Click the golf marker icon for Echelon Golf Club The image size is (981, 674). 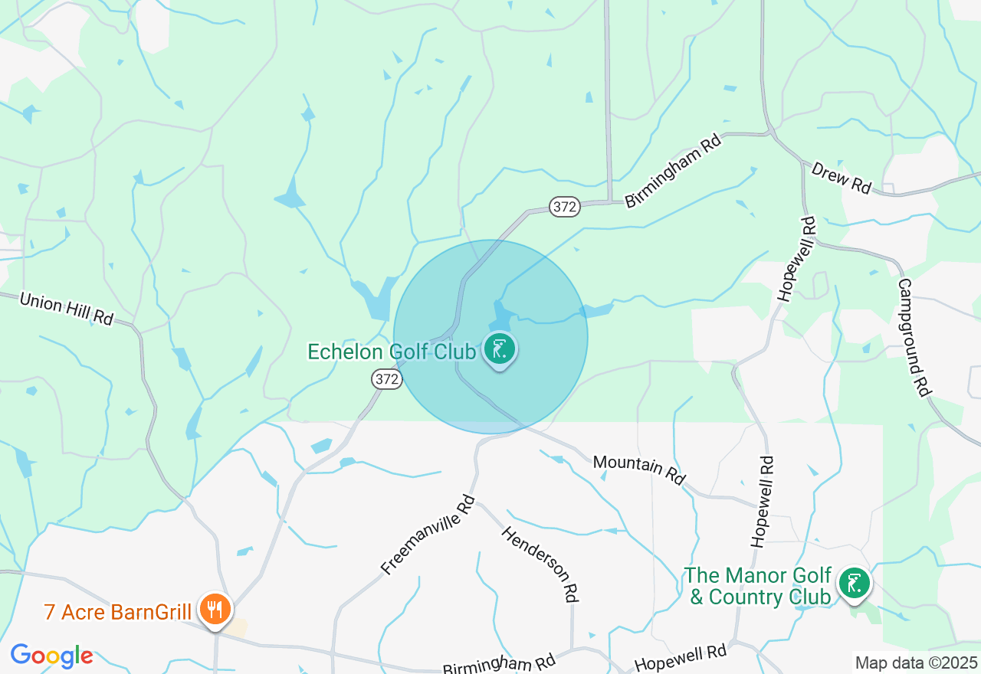(x=500, y=350)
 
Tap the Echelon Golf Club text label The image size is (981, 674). (x=392, y=352)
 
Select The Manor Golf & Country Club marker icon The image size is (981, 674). (x=853, y=584)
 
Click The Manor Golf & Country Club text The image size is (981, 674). (x=758, y=586)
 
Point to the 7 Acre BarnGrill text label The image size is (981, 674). (x=117, y=612)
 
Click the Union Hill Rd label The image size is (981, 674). (x=66, y=308)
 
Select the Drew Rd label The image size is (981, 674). (x=842, y=178)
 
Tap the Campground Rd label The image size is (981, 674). (x=914, y=337)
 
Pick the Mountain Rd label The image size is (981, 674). (x=639, y=470)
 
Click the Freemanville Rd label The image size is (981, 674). (x=428, y=535)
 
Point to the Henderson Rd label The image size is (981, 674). (x=540, y=563)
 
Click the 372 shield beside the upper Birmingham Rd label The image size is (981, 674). (x=564, y=206)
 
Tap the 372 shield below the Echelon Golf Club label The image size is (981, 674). (x=387, y=378)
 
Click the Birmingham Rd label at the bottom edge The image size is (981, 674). (x=499, y=664)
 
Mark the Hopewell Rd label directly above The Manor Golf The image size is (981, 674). (x=763, y=502)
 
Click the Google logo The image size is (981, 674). (x=51, y=656)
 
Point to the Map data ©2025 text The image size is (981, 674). (x=916, y=663)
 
